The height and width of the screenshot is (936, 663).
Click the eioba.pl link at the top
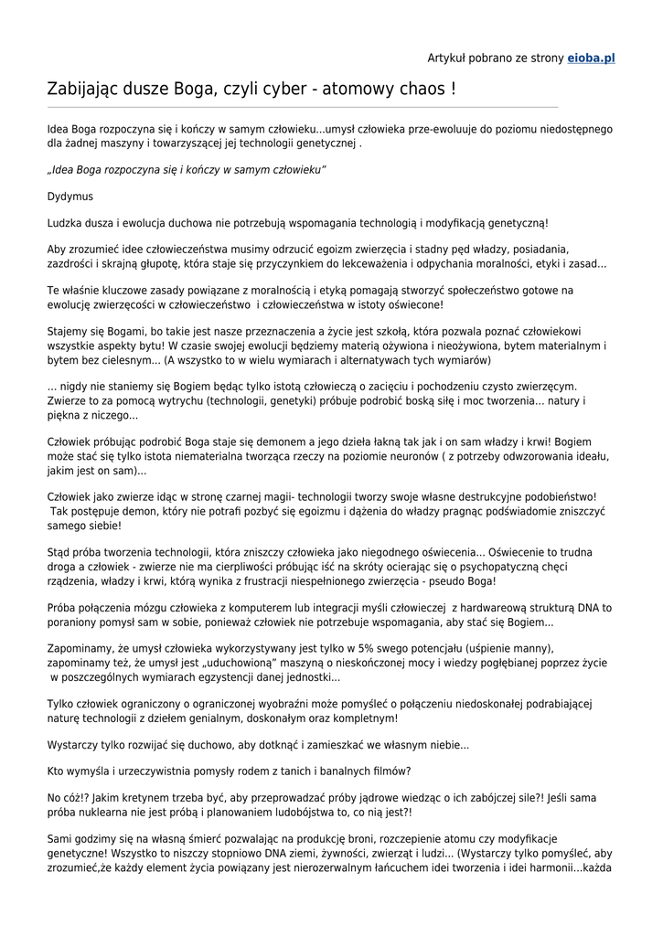(x=591, y=58)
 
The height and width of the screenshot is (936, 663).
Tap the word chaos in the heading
(x=416, y=90)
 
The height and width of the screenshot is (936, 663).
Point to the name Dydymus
(x=70, y=197)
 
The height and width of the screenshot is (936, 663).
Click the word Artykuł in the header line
(x=448, y=58)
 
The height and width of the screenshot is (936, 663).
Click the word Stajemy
(x=69, y=331)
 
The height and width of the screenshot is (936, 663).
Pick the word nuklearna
(x=102, y=812)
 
